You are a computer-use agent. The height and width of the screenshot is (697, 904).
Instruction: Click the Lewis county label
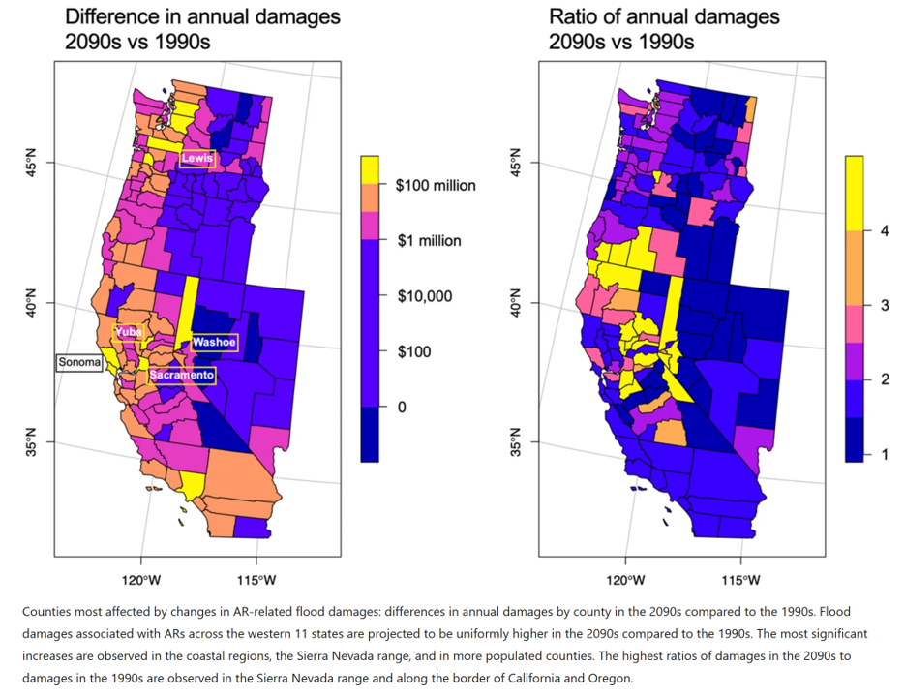[196, 158]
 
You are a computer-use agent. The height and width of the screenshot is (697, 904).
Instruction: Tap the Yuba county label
[130, 332]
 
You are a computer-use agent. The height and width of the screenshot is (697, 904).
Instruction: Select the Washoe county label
[214, 342]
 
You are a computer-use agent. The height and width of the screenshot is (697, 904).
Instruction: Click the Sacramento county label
[181, 375]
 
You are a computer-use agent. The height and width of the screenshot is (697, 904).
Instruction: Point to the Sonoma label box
[79, 363]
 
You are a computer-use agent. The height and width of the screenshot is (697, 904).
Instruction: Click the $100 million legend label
[436, 185]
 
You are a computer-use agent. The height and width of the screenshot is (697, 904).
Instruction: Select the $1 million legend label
[429, 240]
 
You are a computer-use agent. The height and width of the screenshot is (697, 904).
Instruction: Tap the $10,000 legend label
[424, 296]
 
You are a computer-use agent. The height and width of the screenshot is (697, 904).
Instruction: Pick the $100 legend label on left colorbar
[414, 351]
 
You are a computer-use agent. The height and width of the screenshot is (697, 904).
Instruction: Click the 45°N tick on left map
[32, 166]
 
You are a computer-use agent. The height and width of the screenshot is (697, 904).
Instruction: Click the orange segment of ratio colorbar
[854, 267]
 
